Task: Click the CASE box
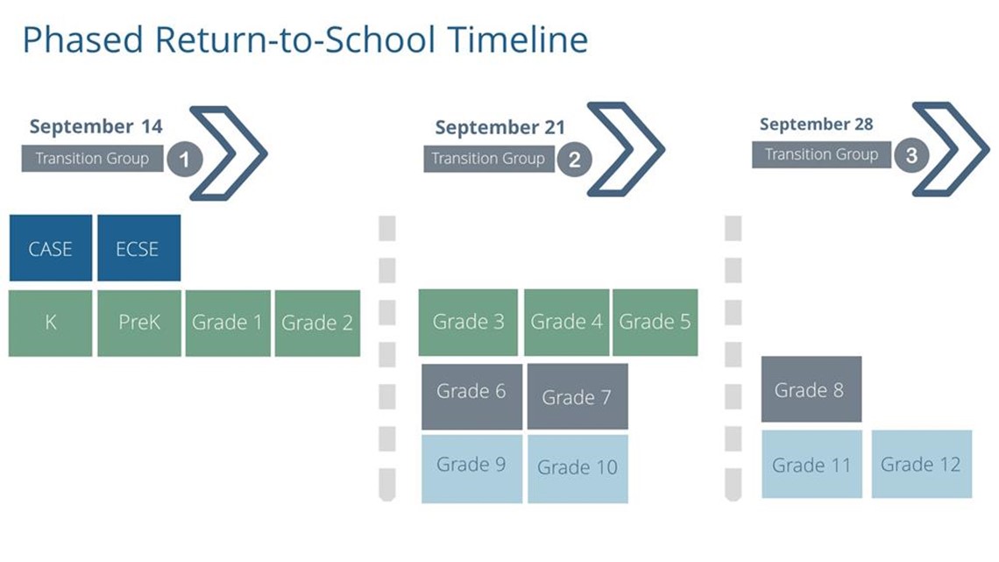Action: (50, 248)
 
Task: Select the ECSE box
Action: (138, 248)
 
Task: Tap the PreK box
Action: (138, 323)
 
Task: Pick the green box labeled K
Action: (50, 323)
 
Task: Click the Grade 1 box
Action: (228, 323)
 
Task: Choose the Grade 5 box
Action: (655, 323)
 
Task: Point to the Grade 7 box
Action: (577, 396)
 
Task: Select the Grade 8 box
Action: (811, 389)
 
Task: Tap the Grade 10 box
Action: (577, 469)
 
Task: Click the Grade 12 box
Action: (921, 464)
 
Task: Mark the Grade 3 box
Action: (468, 323)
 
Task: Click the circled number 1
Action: (185, 159)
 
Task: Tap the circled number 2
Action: (574, 159)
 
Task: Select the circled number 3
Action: (911, 155)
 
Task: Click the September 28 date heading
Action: (816, 124)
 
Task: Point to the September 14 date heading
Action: (96, 126)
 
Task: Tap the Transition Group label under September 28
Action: (821, 155)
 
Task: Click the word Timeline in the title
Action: (517, 39)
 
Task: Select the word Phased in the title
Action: (83, 39)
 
